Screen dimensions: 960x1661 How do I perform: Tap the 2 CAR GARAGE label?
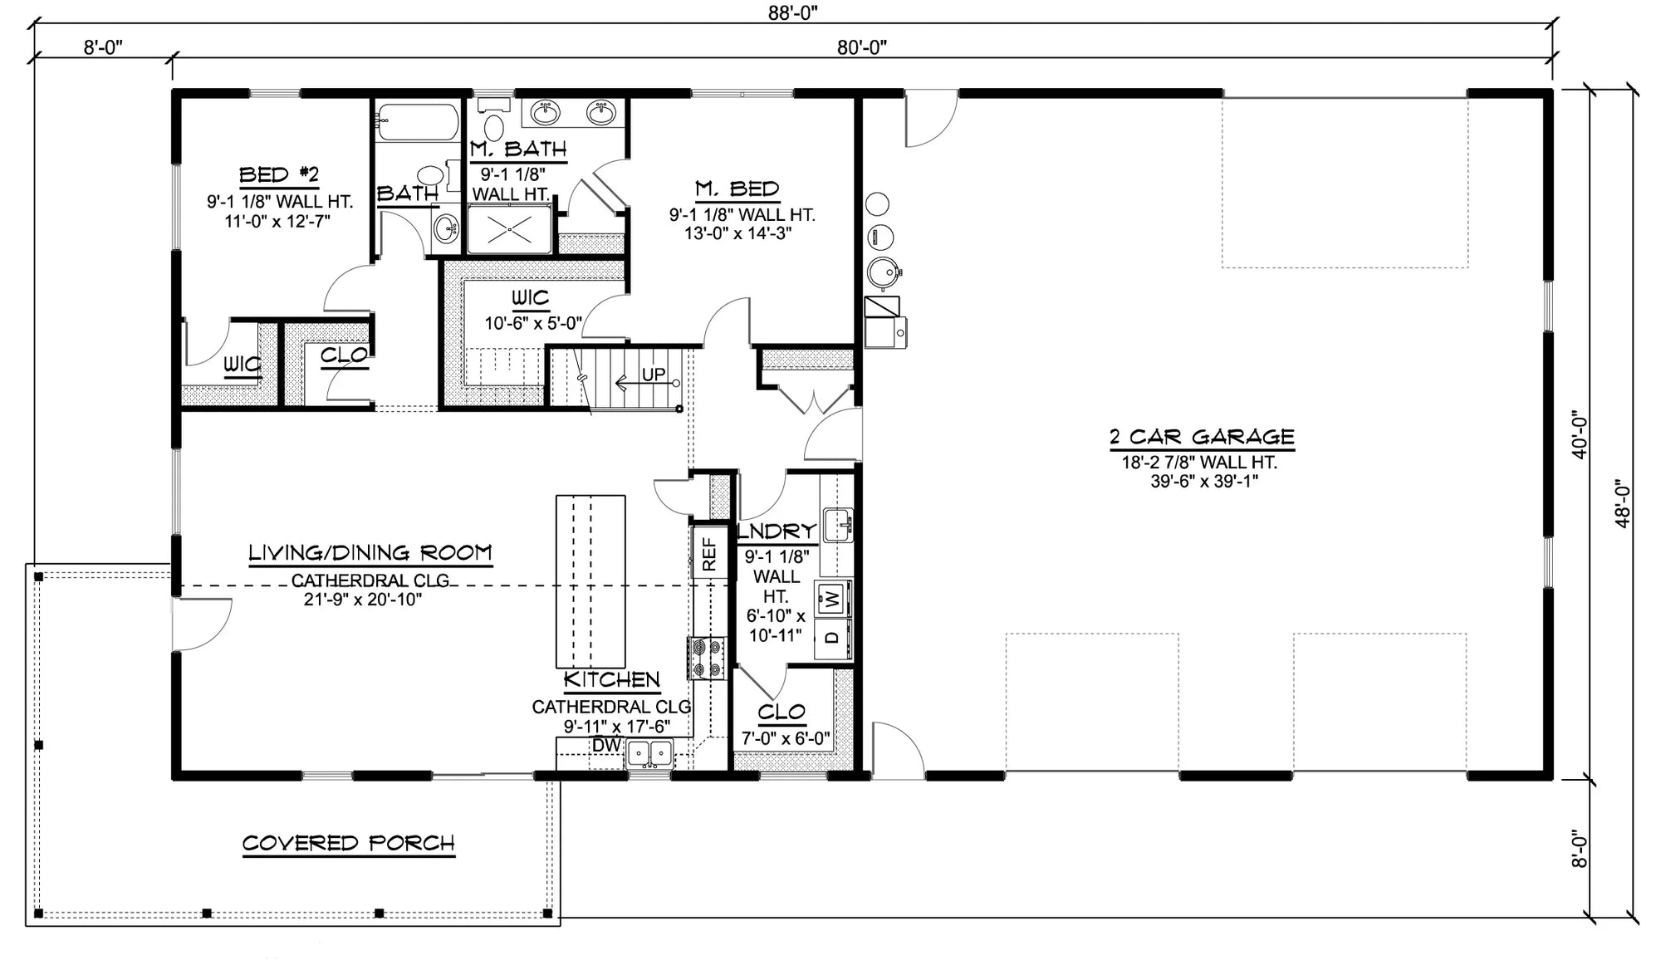(1202, 437)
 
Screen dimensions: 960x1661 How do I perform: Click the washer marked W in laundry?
(833, 597)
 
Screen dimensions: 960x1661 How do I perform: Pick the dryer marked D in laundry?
(832, 639)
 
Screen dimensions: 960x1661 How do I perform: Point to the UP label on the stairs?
(654, 375)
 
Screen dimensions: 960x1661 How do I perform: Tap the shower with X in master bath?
(509, 229)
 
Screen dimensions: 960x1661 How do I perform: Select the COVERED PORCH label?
(349, 844)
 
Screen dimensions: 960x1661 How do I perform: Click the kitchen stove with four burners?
(706, 657)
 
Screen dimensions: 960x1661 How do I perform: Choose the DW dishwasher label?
(606, 746)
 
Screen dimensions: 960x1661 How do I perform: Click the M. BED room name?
(737, 189)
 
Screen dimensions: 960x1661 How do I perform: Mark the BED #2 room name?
(279, 175)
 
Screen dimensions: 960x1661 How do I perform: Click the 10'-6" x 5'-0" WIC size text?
(533, 324)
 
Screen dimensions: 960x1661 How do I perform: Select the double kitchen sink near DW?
(649, 754)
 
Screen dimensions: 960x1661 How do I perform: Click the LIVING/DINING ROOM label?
(370, 553)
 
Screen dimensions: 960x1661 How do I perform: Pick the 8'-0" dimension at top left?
(103, 47)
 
